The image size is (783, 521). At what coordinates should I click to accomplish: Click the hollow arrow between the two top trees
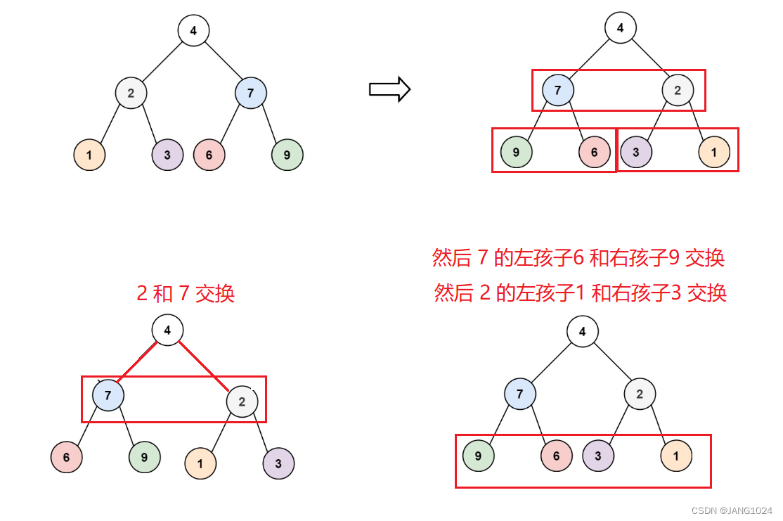coord(389,89)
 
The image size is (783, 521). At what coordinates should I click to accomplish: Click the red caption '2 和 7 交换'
coord(186,293)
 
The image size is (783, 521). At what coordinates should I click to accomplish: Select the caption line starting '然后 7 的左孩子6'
coord(578,259)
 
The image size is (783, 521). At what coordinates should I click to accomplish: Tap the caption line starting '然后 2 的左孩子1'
coord(580,292)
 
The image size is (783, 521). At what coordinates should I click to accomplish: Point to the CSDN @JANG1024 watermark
coord(732,510)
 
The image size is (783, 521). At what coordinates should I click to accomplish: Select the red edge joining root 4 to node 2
coord(205,365)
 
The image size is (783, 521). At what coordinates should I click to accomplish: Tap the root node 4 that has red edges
coord(167,330)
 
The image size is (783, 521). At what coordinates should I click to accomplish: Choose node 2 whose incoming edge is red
coord(242,402)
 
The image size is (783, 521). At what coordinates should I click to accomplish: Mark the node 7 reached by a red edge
coord(108,395)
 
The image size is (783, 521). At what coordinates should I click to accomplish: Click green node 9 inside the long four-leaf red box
coord(478,456)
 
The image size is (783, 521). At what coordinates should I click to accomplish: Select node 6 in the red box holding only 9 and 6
coord(594,152)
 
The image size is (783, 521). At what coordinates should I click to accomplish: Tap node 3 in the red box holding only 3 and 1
coord(635,152)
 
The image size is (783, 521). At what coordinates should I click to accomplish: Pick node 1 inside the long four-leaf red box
coord(676,456)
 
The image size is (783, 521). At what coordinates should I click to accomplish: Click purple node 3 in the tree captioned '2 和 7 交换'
coord(278,463)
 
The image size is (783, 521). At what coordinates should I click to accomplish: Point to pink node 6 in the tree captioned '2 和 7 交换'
coord(66,457)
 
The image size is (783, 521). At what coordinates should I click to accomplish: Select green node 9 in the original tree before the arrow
coord(287,155)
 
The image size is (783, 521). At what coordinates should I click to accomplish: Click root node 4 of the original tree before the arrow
coord(193,31)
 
